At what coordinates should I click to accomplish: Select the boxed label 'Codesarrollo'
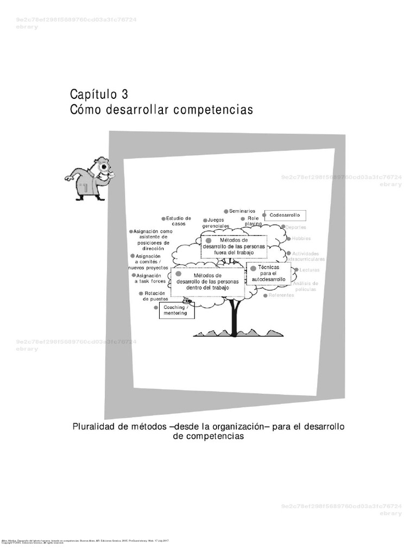(285, 215)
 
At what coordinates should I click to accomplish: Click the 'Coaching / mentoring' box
(175, 311)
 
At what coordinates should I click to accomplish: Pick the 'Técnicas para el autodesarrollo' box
(268, 273)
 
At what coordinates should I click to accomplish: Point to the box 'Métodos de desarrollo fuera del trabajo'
(234, 246)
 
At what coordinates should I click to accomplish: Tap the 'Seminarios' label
(242, 211)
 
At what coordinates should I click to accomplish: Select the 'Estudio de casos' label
(179, 221)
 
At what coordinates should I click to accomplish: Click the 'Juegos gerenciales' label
(216, 223)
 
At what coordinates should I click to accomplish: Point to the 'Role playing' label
(253, 221)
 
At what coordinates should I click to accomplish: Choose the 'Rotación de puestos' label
(155, 296)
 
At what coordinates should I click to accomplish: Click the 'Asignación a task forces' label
(150, 279)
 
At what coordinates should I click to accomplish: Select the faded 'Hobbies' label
(301, 238)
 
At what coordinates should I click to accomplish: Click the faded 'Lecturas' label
(309, 270)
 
